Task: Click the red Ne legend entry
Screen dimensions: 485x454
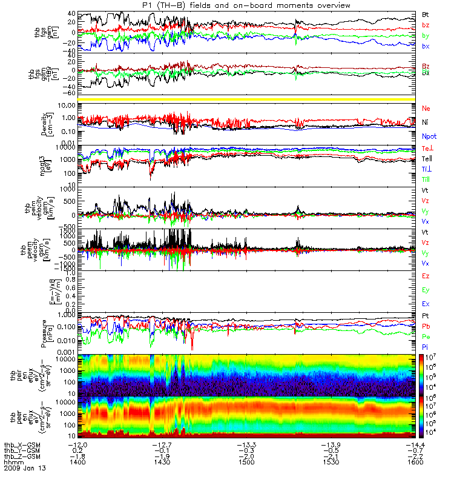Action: point(426,108)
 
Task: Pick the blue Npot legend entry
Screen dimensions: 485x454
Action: point(429,137)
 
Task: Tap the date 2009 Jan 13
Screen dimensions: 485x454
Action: point(24,468)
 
